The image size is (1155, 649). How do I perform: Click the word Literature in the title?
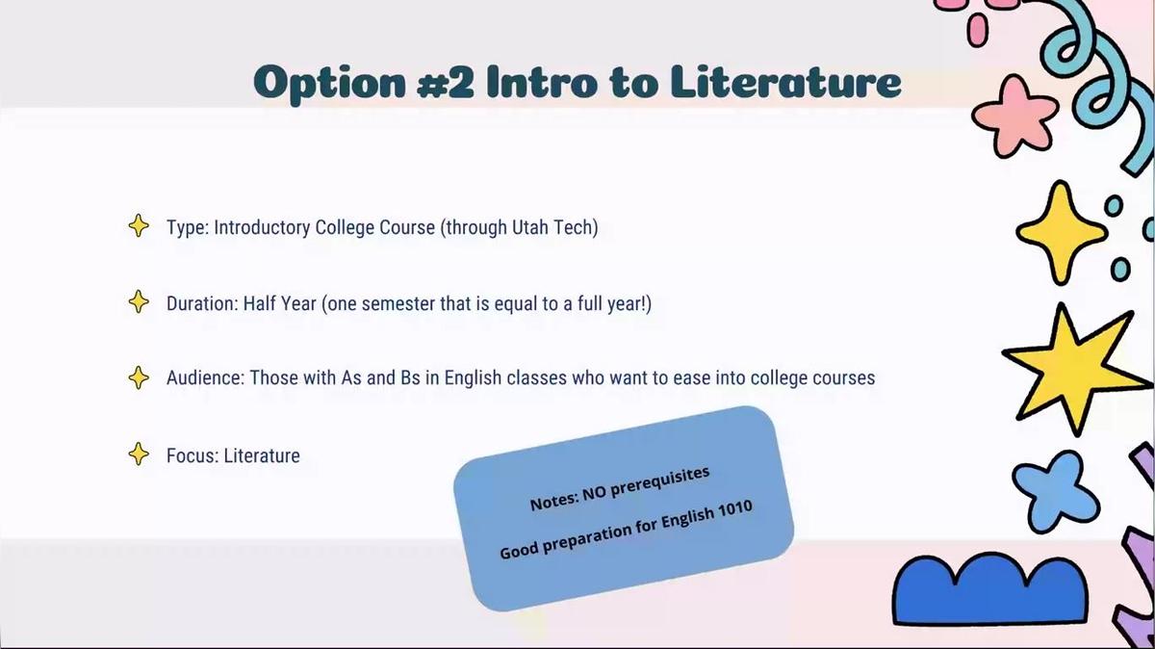click(786, 82)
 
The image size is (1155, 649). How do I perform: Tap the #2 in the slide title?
click(446, 83)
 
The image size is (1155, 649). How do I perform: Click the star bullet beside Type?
click(139, 225)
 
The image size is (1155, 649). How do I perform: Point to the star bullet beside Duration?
click(139, 301)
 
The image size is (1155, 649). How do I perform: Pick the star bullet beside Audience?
click(139, 377)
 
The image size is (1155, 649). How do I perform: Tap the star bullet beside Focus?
click(139, 454)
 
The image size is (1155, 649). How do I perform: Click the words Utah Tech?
click(552, 227)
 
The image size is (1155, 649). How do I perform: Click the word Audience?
click(205, 377)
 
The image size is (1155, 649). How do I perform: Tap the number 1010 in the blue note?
click(734, 509)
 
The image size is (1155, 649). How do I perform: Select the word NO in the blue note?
click(594, 494)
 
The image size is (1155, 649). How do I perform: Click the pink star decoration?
click(1014, 117)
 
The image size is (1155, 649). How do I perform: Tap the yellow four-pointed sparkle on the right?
click(1061, 233)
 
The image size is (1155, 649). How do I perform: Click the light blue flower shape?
click(1055, 490)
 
